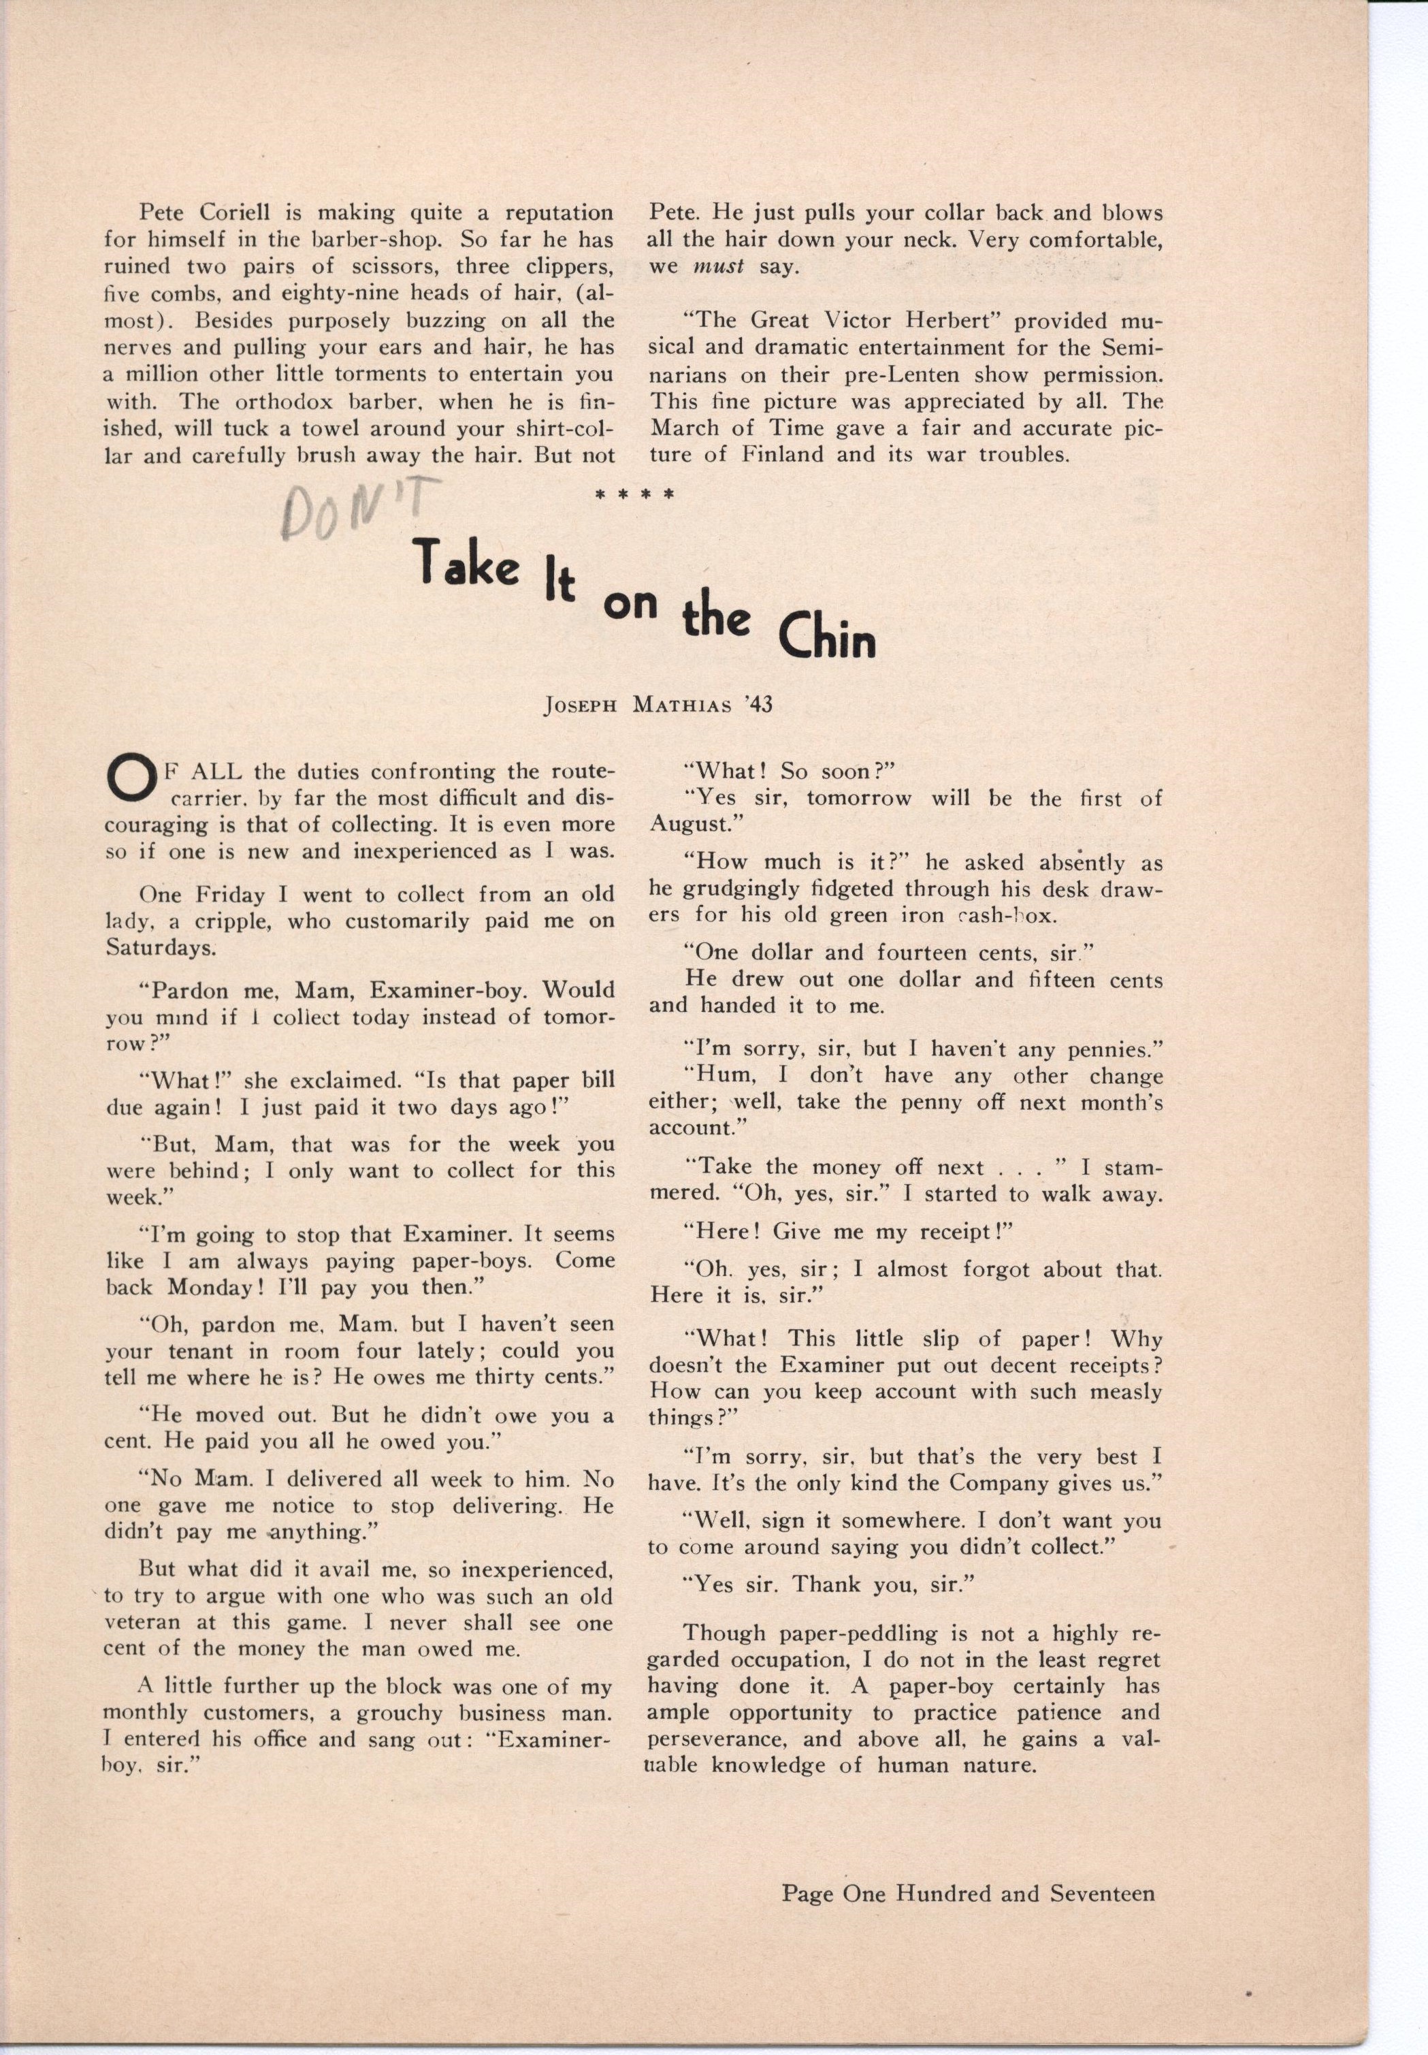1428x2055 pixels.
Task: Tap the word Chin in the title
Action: tap(826, 639)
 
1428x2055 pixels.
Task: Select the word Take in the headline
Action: tap(464, 561)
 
